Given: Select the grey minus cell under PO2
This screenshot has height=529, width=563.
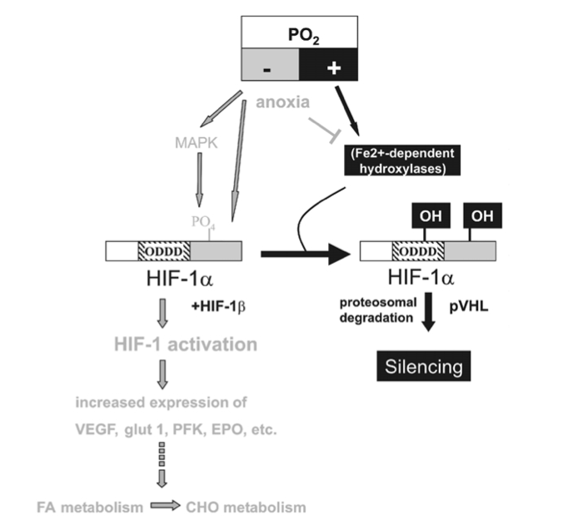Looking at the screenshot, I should coord(269,67).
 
